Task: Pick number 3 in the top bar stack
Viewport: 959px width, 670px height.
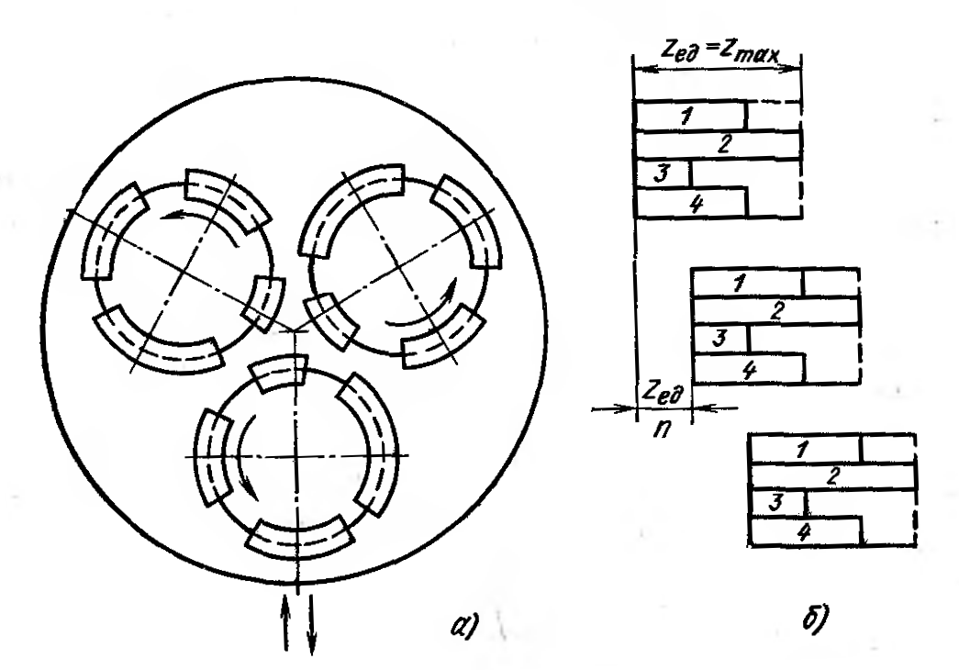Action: [657, 173]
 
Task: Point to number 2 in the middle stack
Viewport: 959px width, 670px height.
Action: [775, 310]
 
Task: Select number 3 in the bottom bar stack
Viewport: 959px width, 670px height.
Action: [775, 502]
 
